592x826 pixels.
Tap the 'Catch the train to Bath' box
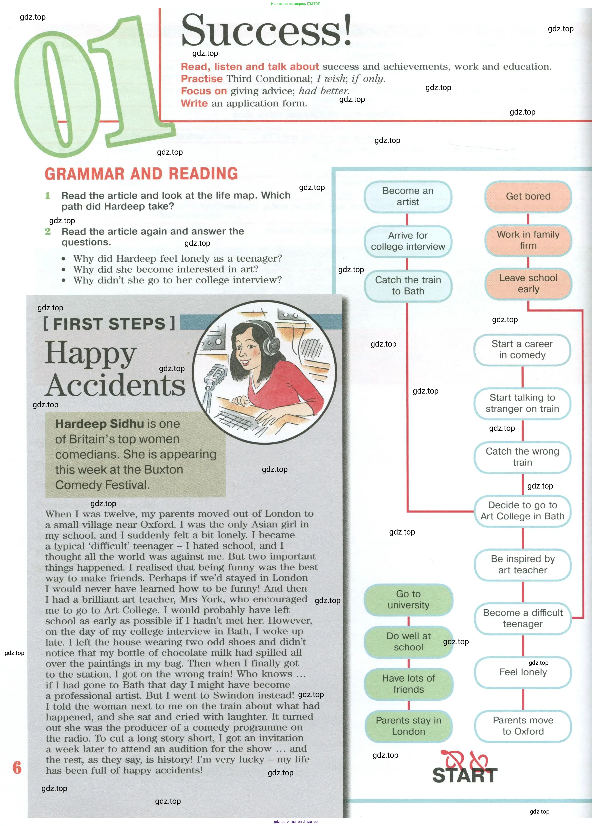408,286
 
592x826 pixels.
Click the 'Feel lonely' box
523,672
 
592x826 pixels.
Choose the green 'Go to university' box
408,599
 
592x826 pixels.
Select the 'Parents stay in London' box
408,726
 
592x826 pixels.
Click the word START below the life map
465,775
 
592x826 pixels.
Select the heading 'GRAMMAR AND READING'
141,174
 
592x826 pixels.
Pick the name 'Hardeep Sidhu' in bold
99,424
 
